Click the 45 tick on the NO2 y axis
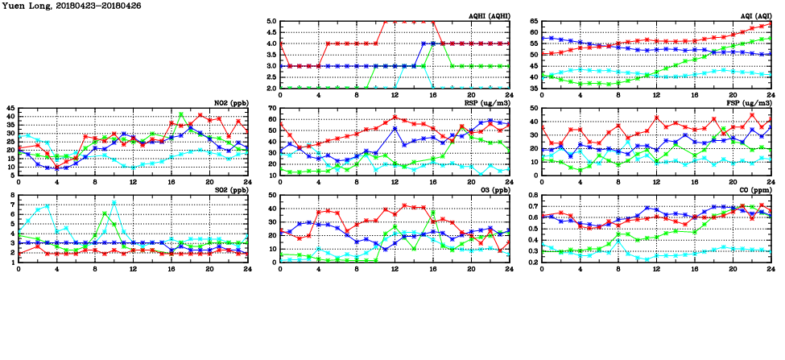(10, 108)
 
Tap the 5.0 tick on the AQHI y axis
(271, 22)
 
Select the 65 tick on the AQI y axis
(532, 22)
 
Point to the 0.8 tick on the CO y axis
(531, 196)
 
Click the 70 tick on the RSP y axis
(272, 108)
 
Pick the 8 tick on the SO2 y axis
(12, 196)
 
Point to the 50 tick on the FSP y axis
(533, 108)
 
